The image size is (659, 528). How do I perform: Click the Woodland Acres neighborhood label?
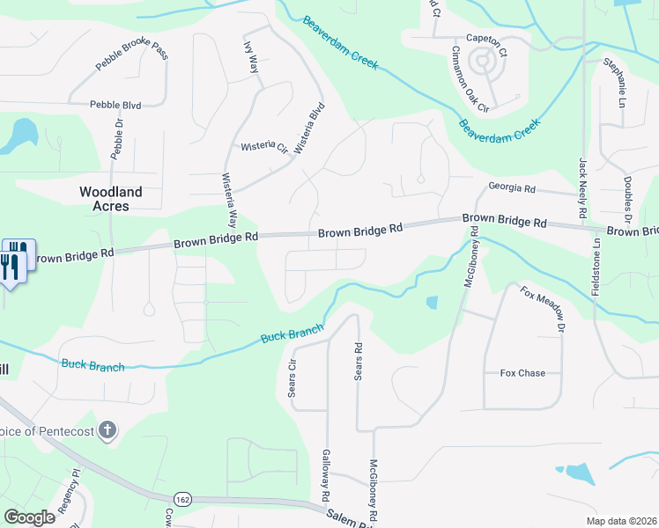point(111,198)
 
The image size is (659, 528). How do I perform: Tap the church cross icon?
point(107,431)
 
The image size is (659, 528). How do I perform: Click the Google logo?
point(29,518)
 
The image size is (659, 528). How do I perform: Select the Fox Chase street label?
point(522,373)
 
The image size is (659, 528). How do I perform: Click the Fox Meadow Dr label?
point(541,309)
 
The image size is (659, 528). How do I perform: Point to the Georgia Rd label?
point(512,188)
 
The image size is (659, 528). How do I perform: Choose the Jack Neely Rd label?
point(582,188)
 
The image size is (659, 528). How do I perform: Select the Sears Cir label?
point(292,377)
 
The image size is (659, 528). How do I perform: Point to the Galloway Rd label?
point(326,473)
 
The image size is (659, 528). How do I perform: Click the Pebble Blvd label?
point(115,105)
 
